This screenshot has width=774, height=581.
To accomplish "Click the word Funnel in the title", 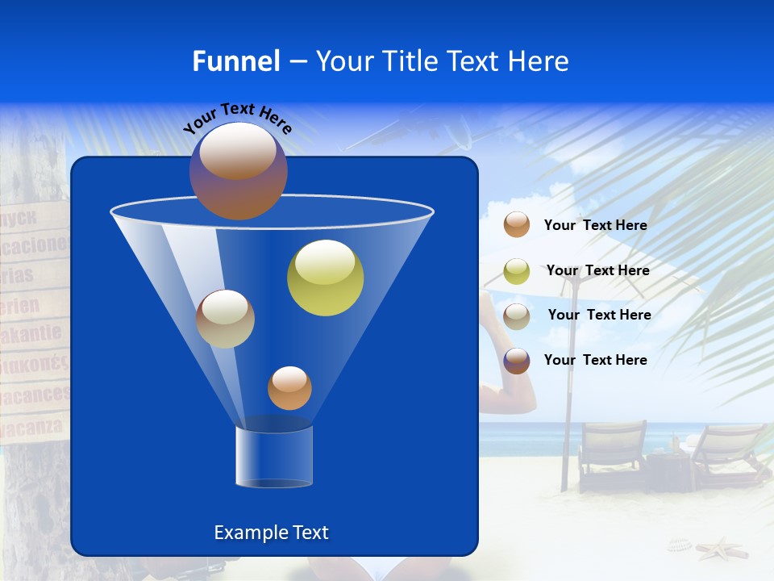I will tap(235, 61).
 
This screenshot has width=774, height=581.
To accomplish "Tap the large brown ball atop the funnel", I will tap(239, 171).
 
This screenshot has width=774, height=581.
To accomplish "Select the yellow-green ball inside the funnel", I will tap(325, 278).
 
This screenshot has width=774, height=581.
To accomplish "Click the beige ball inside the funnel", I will tap(225, 319).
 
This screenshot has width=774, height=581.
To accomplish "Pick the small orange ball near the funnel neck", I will tap(289, 388).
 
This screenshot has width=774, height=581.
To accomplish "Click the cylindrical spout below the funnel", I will tap(274, 456).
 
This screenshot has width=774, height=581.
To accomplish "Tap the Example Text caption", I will tap(272, 533).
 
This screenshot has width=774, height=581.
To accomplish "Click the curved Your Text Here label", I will tap(237, 118).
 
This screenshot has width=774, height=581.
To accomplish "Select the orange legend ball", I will tap(517, 224).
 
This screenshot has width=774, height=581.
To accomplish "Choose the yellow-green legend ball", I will tap(517, 270).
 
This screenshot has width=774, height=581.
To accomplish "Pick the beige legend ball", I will tap(517, 316).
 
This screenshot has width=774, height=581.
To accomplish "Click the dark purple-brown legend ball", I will tap(517, 361).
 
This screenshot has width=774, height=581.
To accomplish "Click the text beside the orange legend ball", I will tap(595, 225).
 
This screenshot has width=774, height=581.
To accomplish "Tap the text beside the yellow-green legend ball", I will tap(597, 270).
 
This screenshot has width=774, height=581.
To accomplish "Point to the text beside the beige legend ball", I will tap(599, 315).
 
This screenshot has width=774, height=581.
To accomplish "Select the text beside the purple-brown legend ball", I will tap(595, 360).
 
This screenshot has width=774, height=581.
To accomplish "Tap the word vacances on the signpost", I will tap(34, 395).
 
